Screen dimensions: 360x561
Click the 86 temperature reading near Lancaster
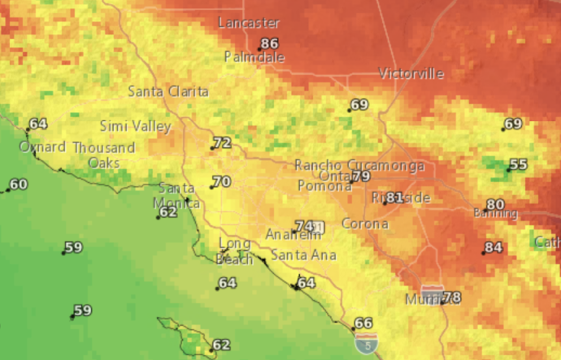[268, 44]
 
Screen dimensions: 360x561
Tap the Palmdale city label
[255, 58]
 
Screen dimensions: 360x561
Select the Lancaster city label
[249, 23]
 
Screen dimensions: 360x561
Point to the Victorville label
[411, 74]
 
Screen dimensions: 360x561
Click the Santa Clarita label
[168, 92]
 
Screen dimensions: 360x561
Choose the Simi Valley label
[135, 126]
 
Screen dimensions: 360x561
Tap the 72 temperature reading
[222, 143]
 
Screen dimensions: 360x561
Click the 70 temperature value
[221, 182]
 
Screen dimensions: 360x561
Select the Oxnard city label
[42, 147]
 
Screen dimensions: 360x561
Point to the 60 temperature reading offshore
[18, 184]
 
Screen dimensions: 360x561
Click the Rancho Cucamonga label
[359, 165]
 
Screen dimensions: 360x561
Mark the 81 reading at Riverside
[395, 197]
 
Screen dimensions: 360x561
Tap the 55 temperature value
[518, 165]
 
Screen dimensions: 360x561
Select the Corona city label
[364, 223]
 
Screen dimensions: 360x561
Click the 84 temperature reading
[493, 248]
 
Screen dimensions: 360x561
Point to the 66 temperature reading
[363, 323]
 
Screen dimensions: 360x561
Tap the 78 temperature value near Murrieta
[452, 297]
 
